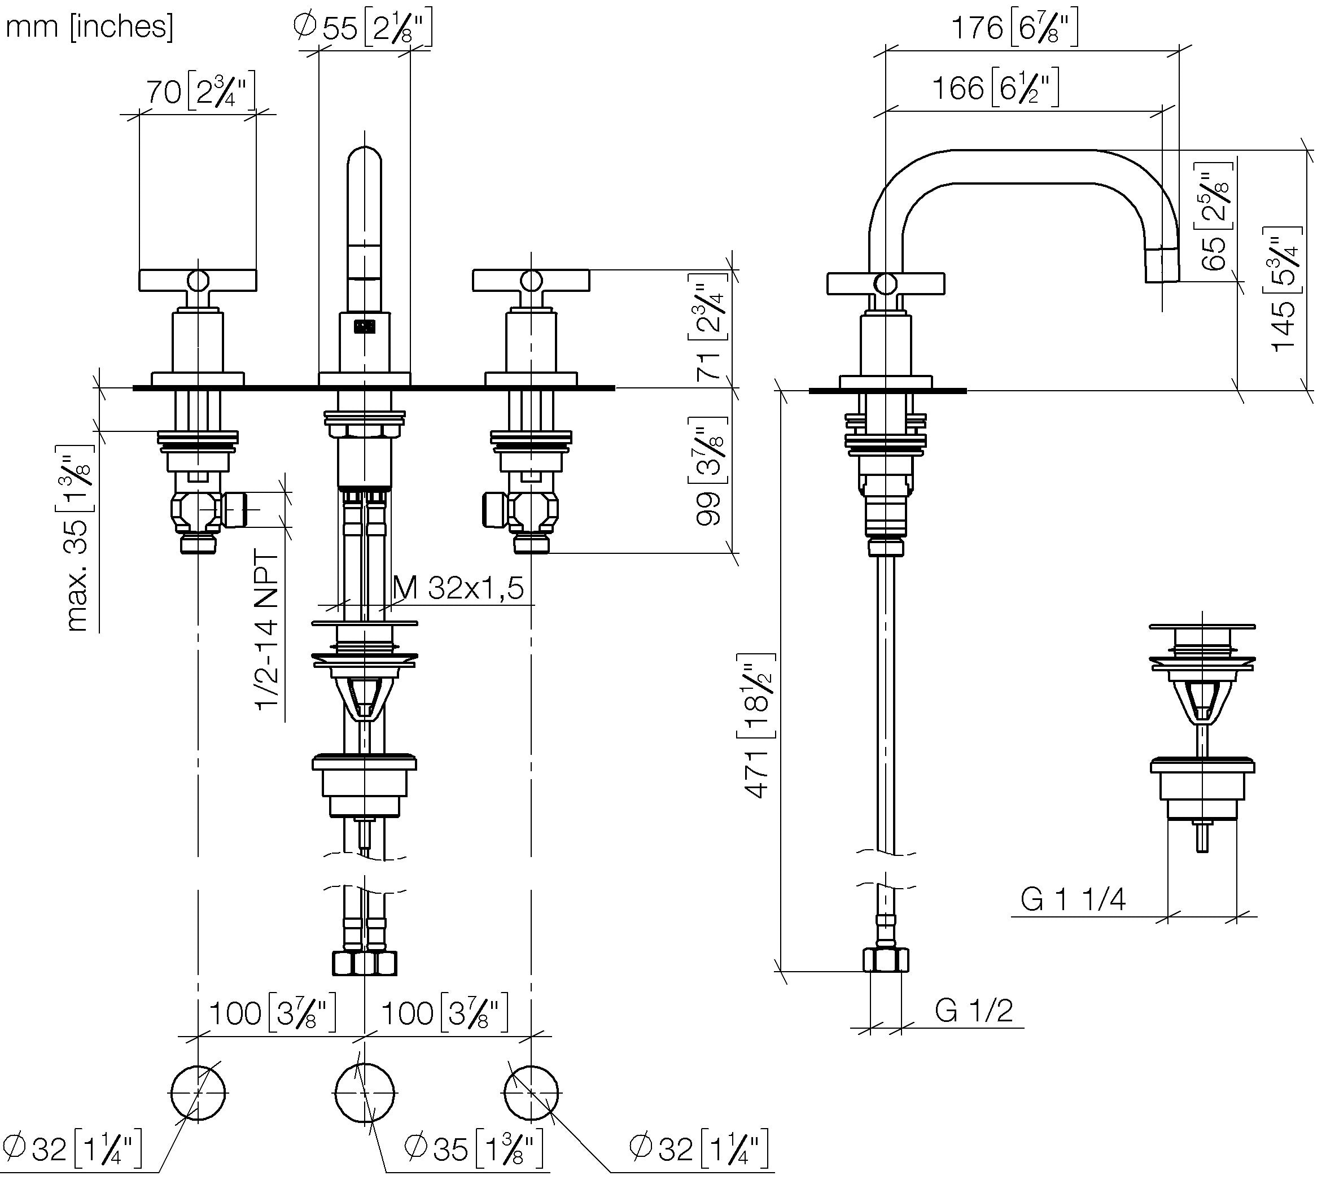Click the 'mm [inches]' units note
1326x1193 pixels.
tap(90, 27)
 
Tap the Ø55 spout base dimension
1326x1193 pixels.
tap(362, 29)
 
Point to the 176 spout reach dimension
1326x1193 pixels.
tap(1014, 28)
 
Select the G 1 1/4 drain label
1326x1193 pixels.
tap(1073, 899)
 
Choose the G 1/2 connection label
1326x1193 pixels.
tap(974, 1010)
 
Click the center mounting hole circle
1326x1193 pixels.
tap(365, 1094)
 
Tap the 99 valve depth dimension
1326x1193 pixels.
tap(708, 471)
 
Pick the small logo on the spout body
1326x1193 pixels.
tap(365, 325)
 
